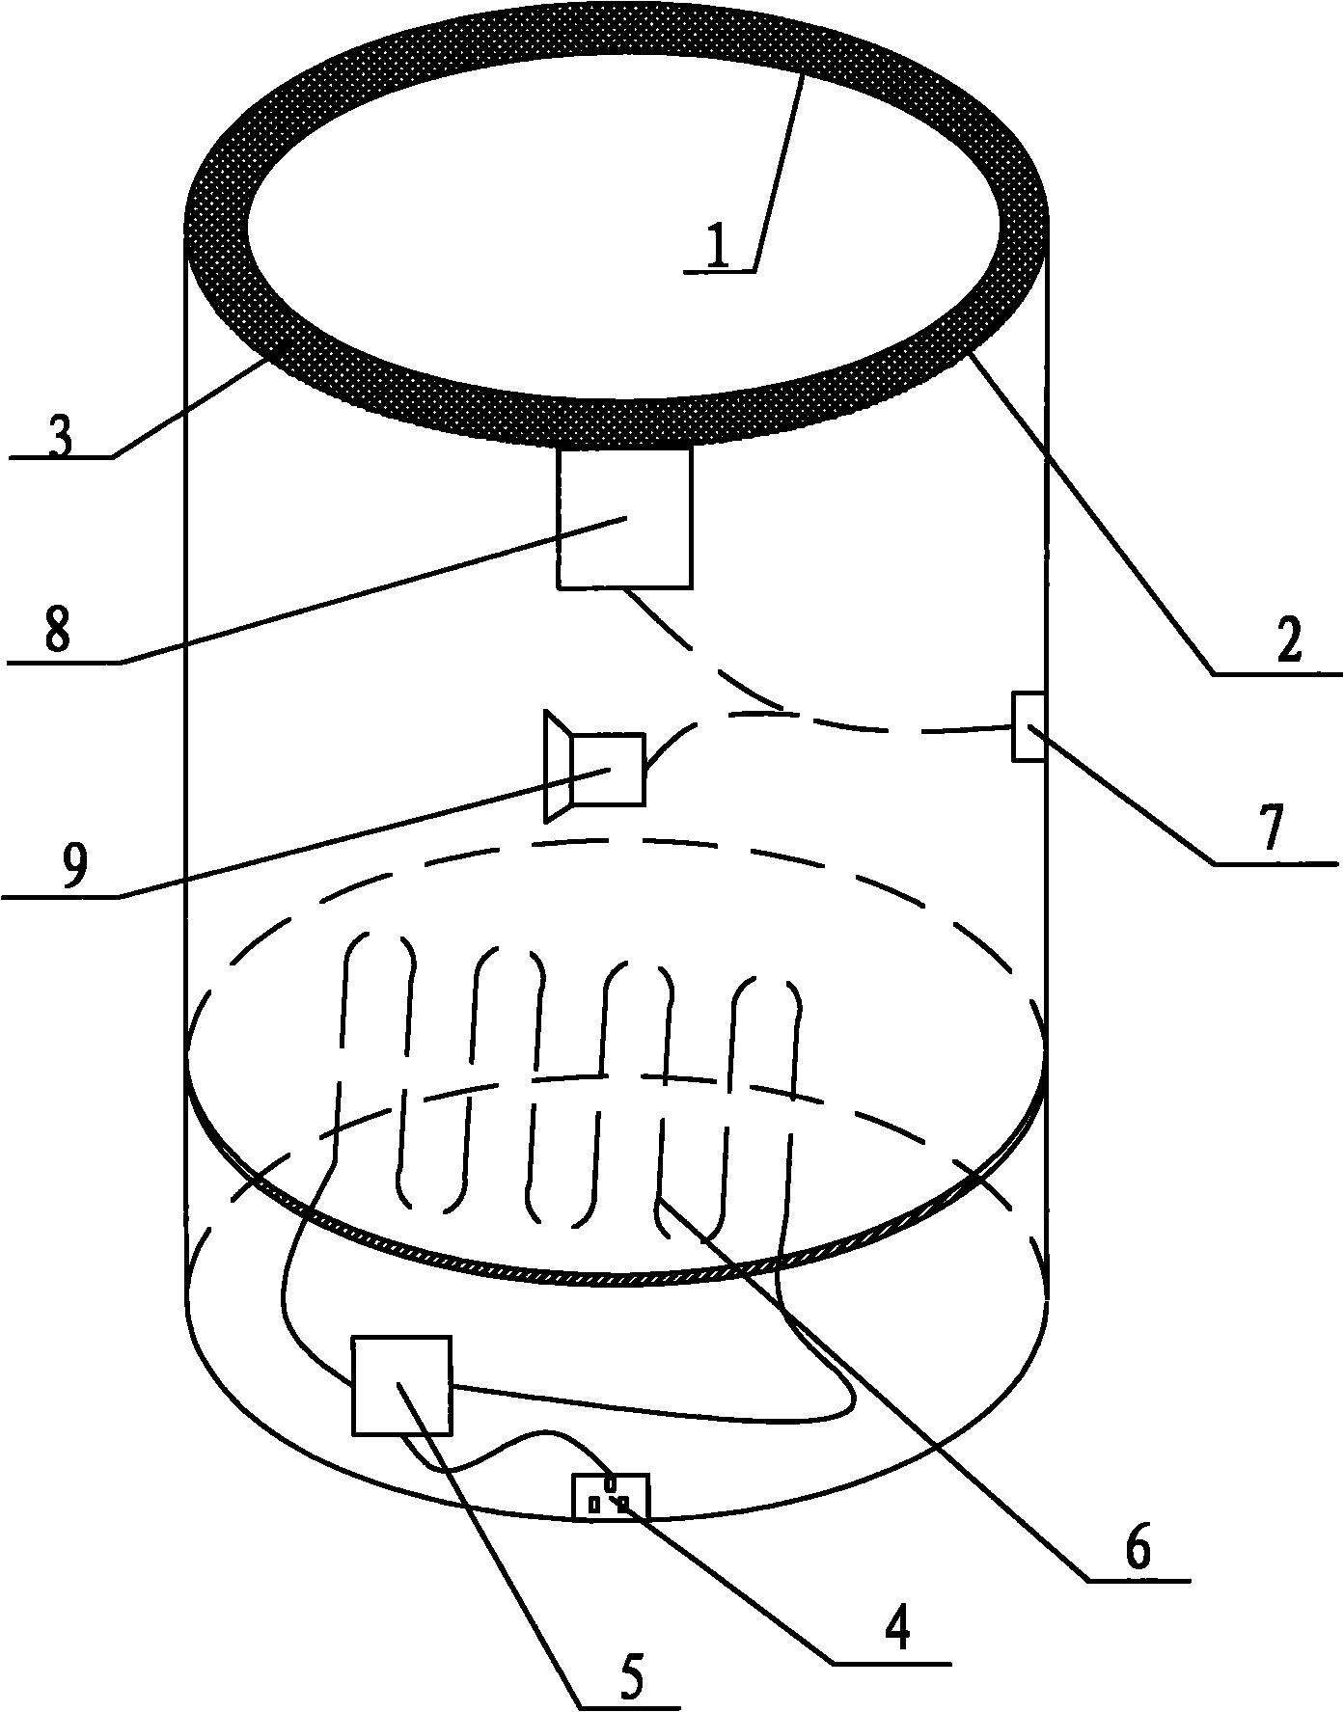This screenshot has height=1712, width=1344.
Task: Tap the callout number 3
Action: pos(59,436)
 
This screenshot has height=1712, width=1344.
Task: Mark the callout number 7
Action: pos(1273,828)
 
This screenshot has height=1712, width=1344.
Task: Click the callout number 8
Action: pos(57,635)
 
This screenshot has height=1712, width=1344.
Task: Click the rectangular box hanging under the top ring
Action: pos(624,518)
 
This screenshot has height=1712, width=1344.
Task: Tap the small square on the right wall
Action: pos(1029,725)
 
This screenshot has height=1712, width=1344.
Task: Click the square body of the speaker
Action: pos(608,768)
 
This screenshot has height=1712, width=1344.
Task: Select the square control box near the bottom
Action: pos(401,1385)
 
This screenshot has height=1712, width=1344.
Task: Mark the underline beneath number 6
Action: pos(1138,1579)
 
